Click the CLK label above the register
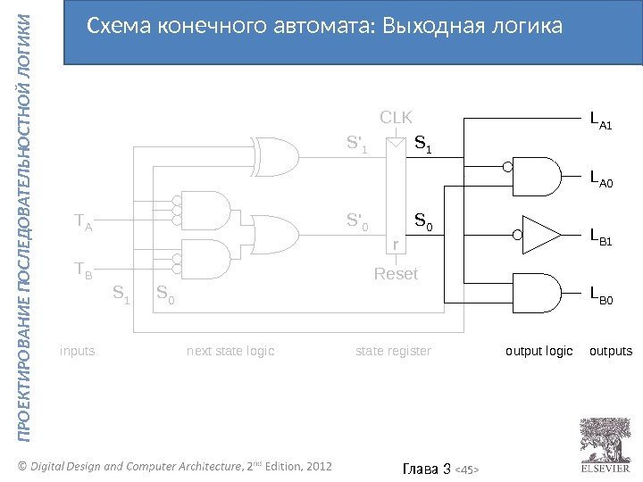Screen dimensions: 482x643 point(397,116)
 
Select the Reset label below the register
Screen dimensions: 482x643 point(396,273)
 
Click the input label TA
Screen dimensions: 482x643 point(83,221)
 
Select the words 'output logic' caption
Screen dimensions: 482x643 point(539,352)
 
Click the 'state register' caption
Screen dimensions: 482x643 point(393,352)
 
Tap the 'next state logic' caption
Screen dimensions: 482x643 point(230,352)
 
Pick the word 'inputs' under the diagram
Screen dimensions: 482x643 point(77,352)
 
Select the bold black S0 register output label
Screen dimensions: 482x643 point(422,220)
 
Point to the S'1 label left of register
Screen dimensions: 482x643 point(357,143)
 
